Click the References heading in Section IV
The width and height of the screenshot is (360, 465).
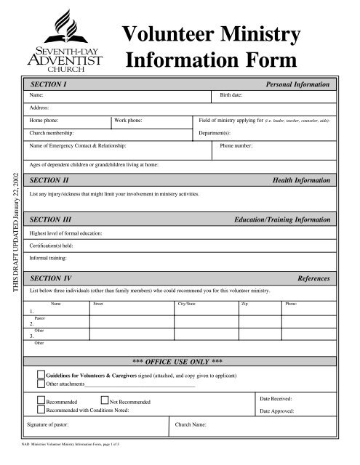point(314,278)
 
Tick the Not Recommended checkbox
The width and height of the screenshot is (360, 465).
point(104,400)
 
